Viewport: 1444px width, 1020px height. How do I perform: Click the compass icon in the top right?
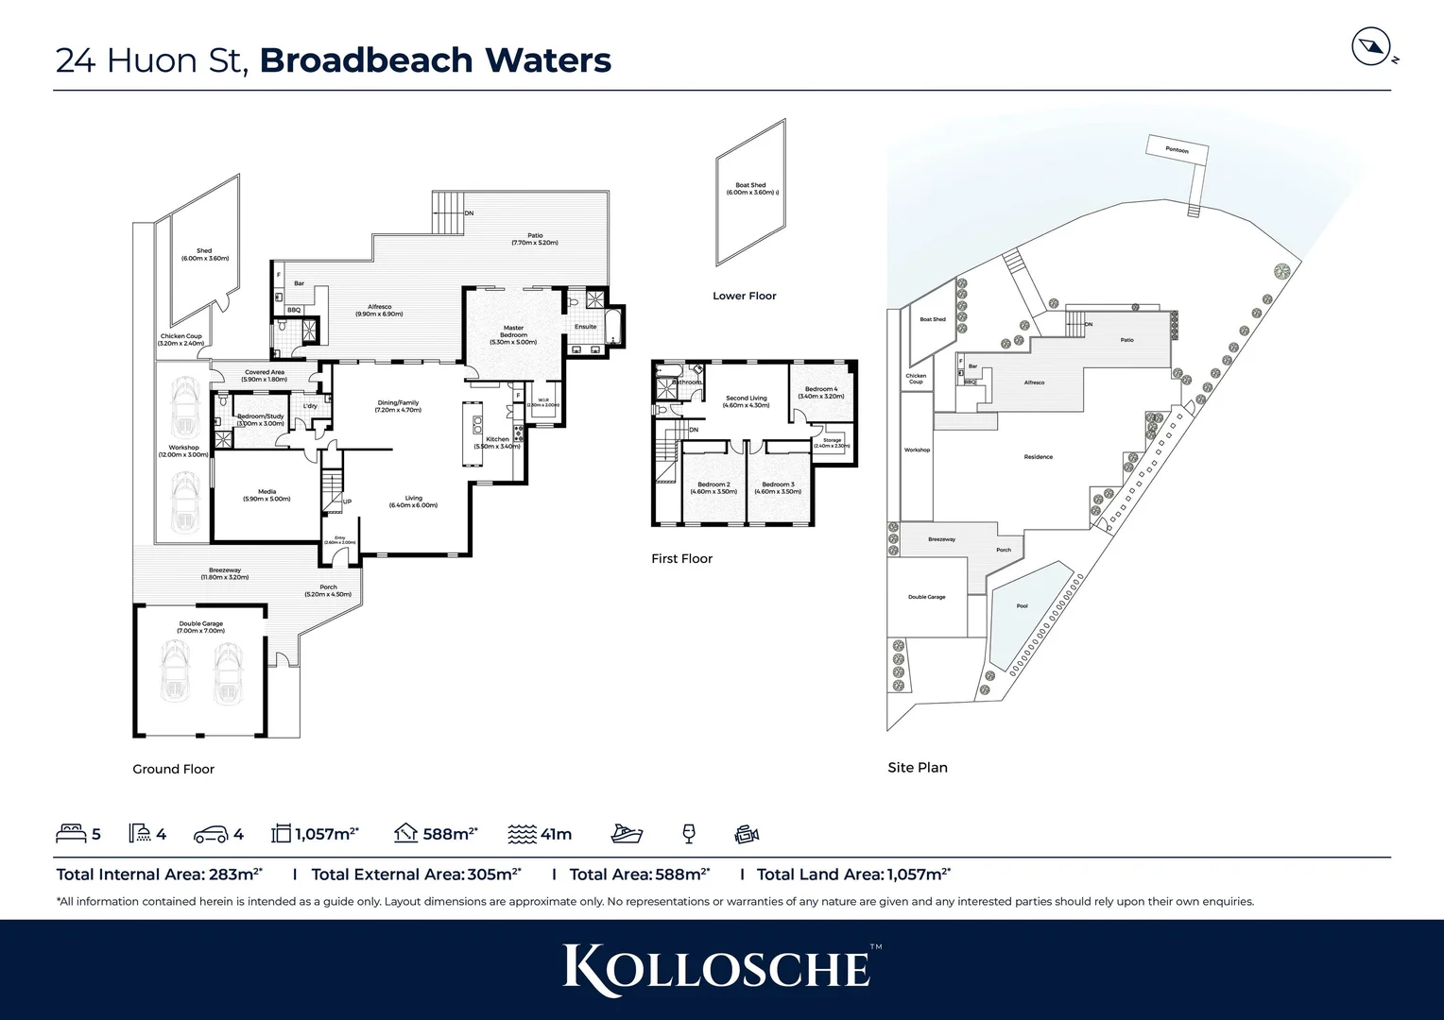coord(1370,47)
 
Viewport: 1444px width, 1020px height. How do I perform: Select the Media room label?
coord(266,495)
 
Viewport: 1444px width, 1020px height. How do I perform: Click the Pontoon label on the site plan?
coord(1177,150)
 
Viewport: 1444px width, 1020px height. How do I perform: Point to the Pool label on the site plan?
coord(1022,605)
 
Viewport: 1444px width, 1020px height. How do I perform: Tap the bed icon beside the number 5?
coord(71,834)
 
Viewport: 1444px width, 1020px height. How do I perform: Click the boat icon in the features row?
coord(627,834)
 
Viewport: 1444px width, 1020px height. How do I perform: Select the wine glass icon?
coord(689,834)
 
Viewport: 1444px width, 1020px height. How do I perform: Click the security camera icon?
coord(747,834)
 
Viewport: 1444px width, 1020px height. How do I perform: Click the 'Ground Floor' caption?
coord(173,769)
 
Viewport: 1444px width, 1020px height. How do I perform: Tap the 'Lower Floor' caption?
coord(744,296)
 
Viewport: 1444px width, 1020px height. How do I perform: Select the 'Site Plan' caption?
coord(917,767)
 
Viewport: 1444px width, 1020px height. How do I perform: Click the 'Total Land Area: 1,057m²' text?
coord(853,875)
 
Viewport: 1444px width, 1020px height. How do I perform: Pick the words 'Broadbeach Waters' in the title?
coord(435,59)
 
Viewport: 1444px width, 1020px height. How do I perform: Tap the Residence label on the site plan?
coord(1038,457)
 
